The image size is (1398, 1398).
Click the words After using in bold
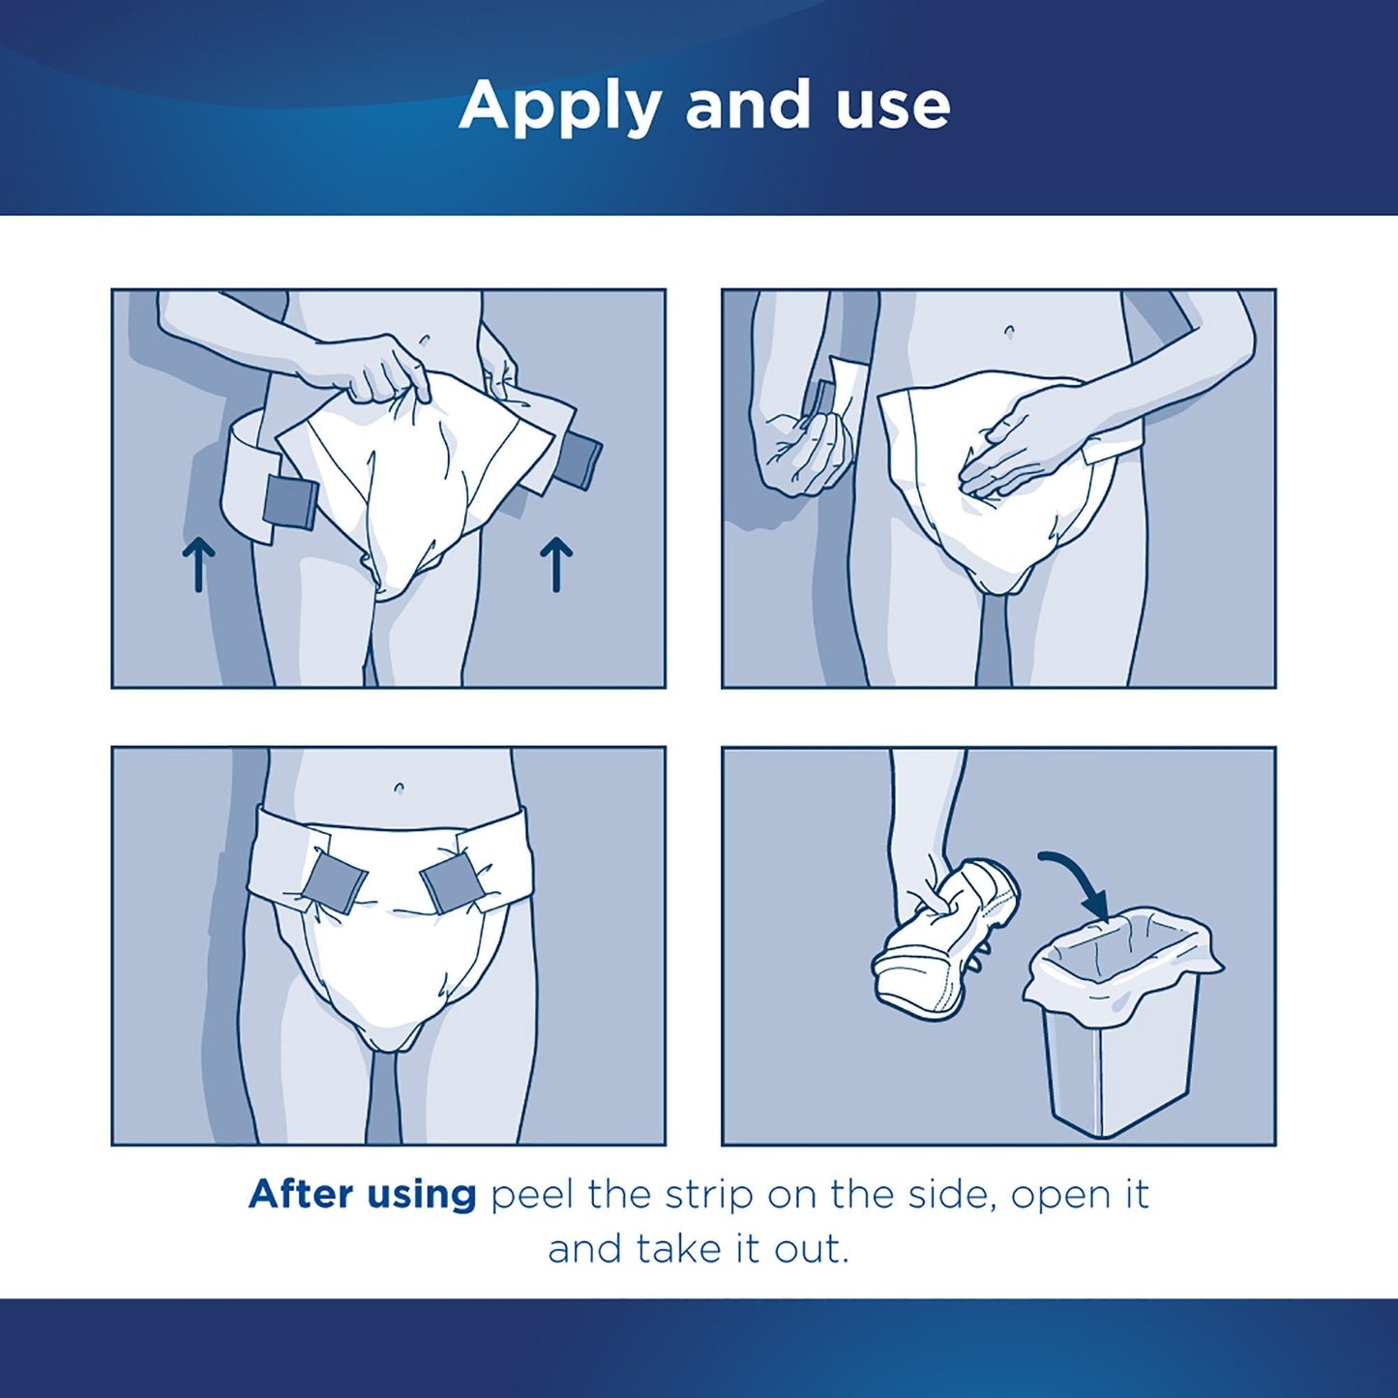363,1195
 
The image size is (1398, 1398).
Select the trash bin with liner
1122,1026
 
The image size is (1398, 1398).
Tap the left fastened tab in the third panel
334,881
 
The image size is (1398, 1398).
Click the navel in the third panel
399,788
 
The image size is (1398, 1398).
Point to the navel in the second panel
1009,332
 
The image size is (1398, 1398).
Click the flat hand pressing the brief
1026,440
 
